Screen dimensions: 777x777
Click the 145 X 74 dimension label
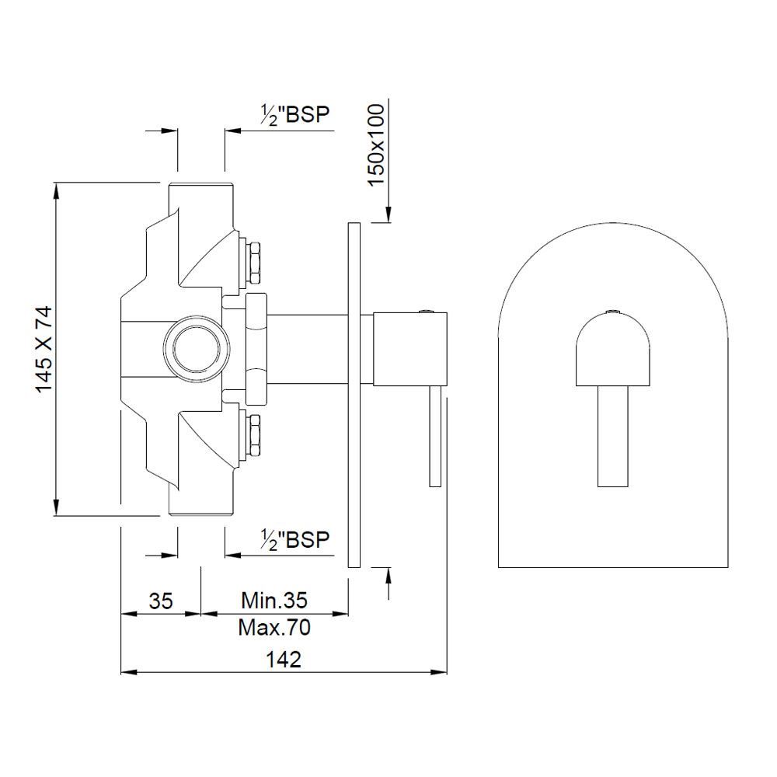click(x=44, y=350)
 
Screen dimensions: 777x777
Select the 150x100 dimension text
click(x=377, y=145)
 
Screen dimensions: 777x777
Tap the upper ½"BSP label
click(x=294, y=115)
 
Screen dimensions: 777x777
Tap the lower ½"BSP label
click(x=294, y=539)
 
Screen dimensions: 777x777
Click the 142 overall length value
click(x=284, y=660)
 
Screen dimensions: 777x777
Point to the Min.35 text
click(x=274, y=601)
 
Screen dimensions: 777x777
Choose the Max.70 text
click(x=274, y=628)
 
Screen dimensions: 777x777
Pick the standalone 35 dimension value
click(x=161, y=601)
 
